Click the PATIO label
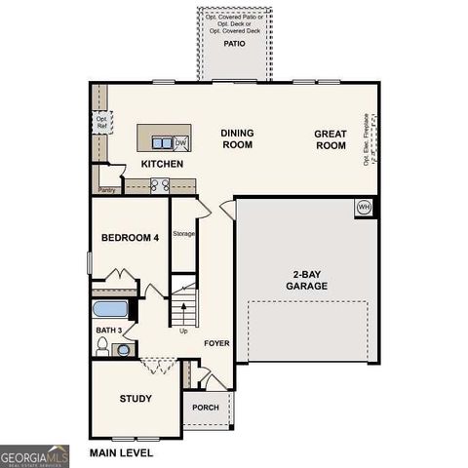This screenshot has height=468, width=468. [234, 44]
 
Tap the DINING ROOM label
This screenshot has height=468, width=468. [236, 138]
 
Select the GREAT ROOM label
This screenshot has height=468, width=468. [330, 138]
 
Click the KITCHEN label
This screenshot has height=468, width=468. [162, 164]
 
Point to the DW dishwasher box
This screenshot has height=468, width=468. [180, 143]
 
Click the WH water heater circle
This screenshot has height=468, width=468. [364, 207]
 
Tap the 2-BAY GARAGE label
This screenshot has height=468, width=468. [305, 280]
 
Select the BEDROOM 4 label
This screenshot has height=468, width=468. [130, 238]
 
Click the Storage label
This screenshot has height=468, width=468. [183, 234]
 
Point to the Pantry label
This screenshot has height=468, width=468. [107, 190]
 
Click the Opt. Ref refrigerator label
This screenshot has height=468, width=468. [101, 123]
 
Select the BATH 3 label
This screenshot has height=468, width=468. [108, 331]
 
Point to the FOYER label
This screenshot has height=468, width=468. [216, 344]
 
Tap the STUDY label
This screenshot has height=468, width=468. [136, 398]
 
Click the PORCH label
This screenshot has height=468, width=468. [205, 407]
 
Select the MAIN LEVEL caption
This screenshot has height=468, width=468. [121, 453]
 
